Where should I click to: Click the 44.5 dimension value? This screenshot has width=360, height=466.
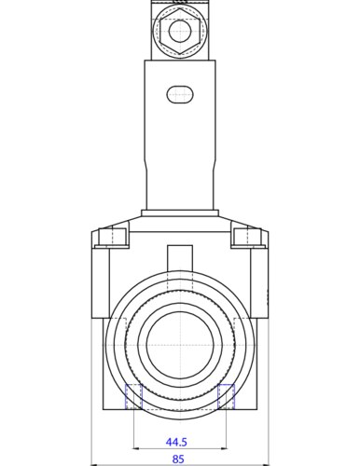176,442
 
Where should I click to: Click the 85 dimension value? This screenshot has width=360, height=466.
178,459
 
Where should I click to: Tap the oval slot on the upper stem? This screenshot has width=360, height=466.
180,94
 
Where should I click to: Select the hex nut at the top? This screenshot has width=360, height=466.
179,31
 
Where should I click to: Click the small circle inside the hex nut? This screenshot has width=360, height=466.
179,31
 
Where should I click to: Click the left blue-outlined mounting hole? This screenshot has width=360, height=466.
133,396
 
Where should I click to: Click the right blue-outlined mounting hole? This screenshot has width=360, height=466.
226,396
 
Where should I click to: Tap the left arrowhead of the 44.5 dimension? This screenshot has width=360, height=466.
135,448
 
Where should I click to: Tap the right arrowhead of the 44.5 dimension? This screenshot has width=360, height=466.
224,448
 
